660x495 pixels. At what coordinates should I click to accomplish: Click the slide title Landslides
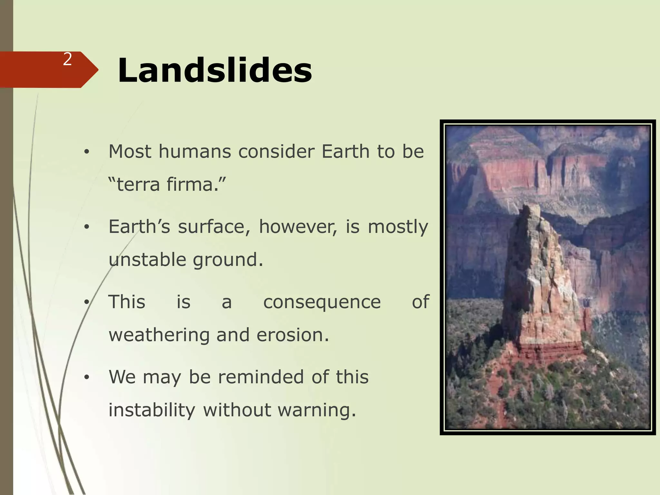tap(215, 70)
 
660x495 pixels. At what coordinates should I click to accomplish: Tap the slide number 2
tap(67, 59)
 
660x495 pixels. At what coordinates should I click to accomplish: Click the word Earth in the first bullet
tap(345, 151)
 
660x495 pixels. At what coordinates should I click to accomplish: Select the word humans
tap(195, 151)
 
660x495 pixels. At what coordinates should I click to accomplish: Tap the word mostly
tap(398, 227)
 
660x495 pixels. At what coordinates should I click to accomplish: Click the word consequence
tap(322, 302)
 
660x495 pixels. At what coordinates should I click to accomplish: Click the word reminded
tap(261, 377)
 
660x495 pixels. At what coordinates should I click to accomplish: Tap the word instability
tap(152, 410)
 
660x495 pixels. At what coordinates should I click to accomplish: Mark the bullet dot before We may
tap(86, 378)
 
